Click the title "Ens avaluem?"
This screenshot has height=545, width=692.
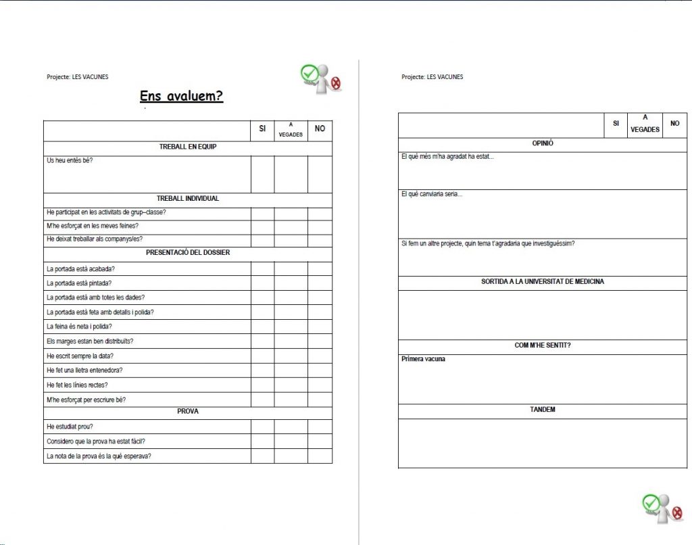point(180,96)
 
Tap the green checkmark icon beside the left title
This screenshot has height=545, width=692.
point(309,72)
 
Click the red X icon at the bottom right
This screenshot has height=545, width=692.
point(676,515)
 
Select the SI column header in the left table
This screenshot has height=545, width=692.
point(262,128)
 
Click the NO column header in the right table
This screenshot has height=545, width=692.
point(674,124)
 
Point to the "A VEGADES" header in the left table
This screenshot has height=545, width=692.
point(291,130)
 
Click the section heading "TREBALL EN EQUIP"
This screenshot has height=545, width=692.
point(187,147)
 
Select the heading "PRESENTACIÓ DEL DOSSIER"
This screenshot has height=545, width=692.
point(187,253)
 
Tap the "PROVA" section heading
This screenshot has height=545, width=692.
point(187,411)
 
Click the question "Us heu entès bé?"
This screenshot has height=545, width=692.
point(70,161)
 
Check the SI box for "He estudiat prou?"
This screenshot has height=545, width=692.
point(262,427)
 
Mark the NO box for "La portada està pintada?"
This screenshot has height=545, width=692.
point(320,283)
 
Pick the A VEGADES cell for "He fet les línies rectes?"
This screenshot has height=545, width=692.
point(291,385)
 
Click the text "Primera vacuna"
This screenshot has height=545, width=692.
point(423,359)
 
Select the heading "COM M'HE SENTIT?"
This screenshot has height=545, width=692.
point(543,346)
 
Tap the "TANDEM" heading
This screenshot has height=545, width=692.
point(543,410)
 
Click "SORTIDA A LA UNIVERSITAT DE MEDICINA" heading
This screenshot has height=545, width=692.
point(543,282)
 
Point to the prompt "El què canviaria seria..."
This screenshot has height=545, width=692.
point(432,195)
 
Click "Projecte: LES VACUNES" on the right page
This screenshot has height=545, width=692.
point(432,77)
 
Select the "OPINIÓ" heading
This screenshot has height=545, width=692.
point(543,143)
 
